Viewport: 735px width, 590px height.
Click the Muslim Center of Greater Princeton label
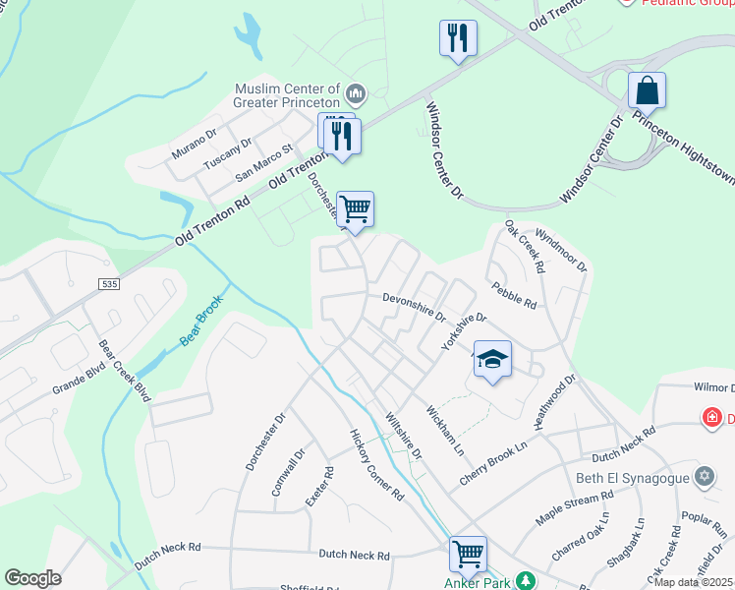287,93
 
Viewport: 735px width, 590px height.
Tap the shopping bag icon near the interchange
647,91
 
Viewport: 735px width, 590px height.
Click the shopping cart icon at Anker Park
469,553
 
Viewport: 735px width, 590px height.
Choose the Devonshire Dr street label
414,307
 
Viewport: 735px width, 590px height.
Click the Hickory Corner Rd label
377,465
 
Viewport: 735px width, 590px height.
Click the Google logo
32,577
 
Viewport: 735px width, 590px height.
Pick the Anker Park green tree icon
526,580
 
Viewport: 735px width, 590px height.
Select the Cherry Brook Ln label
494,463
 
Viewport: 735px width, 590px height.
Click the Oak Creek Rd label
525,247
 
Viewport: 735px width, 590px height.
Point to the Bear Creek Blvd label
124,372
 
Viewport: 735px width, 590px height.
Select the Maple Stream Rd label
574,507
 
